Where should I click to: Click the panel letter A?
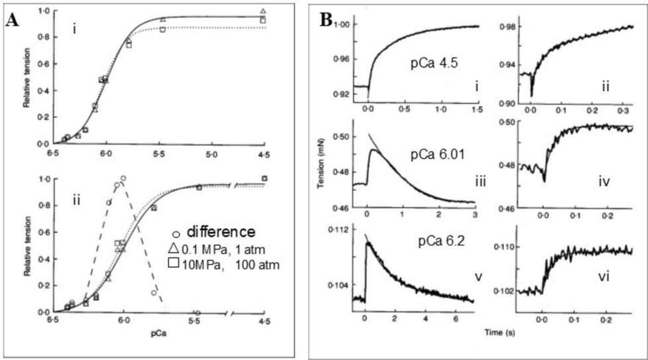11,20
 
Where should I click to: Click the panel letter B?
327,19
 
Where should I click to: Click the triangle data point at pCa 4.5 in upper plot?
263,11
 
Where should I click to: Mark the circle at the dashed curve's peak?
123,178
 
